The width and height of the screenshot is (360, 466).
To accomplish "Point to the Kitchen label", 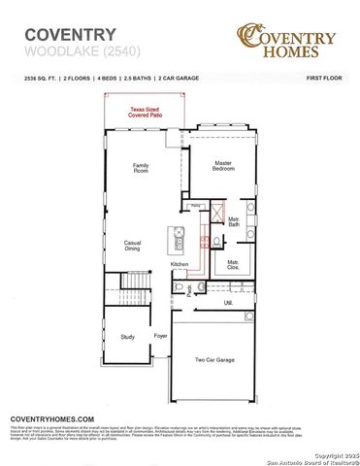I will coord(180,264).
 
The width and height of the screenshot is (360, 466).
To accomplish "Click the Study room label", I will coord(127,337).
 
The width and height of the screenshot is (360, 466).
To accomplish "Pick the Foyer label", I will coord(160,337).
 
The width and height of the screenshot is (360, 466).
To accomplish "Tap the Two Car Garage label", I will coord(214,359).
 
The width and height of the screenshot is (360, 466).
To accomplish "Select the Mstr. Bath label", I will coord(233,222).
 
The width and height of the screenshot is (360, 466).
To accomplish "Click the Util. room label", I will coord(229,303).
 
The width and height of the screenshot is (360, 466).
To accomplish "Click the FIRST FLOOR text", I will coord(326,75).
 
